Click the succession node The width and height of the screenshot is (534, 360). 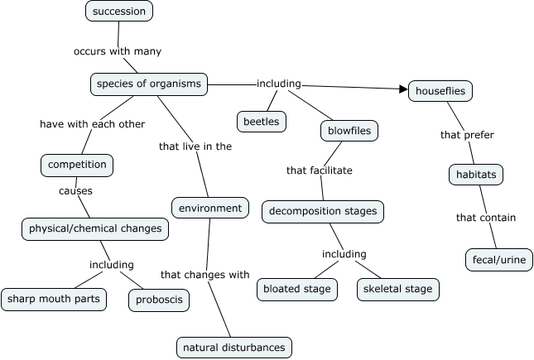[x=119, y=12]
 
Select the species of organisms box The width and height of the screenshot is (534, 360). [x=148, y=84]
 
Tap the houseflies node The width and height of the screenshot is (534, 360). [x=440, y=91]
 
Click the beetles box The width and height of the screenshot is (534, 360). [x=262, y=122]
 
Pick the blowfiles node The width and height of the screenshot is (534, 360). [x=349, y=130]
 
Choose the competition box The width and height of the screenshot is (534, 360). [x=77, y=165]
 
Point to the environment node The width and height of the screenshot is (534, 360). [x=210, y=208]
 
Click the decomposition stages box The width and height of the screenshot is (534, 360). [x=323, y=211]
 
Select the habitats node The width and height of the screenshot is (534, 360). [x=475, y=175]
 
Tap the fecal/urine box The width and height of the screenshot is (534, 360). [x=499, y=259]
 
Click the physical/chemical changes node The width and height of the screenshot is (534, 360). [x=95, y=228]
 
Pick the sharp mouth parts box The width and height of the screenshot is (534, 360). [x=53, y=299]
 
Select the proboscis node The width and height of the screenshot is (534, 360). [x=159, y=300]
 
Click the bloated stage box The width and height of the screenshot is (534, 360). [x=296, y=289]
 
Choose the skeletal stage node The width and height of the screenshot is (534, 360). [x=397, y=289]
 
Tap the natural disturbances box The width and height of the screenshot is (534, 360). [x=235, y=347]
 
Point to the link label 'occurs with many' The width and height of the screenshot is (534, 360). [x=117, y=51]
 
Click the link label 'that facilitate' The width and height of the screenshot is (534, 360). [x=319, y=170]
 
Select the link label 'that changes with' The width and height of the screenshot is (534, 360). [x=204, y=274]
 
